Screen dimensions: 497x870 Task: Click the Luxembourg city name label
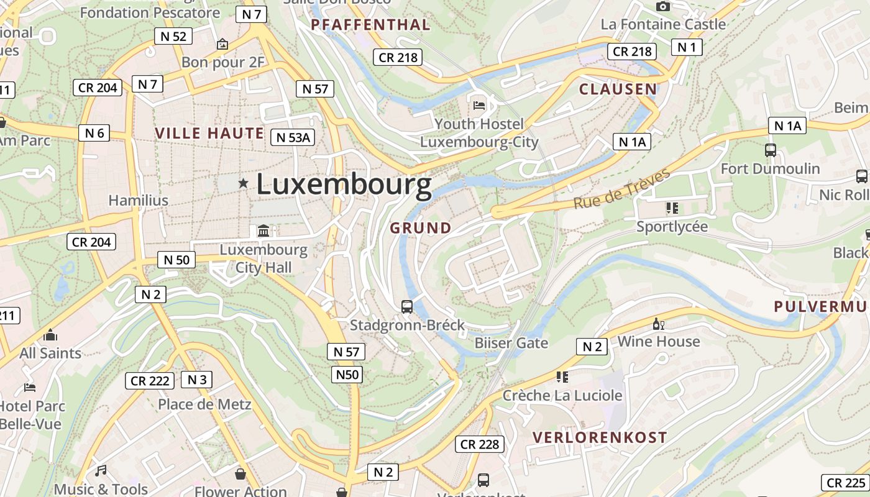click(344, 185)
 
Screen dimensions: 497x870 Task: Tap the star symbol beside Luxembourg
click(243, 183)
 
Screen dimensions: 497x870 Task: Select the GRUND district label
click(421, 228)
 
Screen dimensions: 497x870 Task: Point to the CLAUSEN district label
click(618, 89)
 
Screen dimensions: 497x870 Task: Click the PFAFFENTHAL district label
click(370, 25)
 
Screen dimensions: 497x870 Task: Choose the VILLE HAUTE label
click(209, 133)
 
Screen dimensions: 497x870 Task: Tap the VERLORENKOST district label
click(600, 437)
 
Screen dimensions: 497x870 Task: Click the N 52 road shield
click(173, 36)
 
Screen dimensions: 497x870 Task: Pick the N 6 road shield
click(94, 132)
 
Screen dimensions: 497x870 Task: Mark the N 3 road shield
click(196, 380)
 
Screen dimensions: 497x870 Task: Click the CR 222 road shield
click(150, 381)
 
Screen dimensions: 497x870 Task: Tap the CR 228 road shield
click(480, 444)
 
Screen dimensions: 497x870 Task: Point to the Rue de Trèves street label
click(621, 188)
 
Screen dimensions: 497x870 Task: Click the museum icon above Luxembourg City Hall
click(263, 231)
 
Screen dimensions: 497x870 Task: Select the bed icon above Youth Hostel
click(479, 105)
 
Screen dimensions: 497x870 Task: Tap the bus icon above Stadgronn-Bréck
click(407, 306)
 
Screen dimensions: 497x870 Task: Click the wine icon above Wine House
click(658, 324)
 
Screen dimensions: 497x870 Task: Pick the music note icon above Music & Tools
click(101, 470)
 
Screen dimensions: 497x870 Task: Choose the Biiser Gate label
click(511, 343)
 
